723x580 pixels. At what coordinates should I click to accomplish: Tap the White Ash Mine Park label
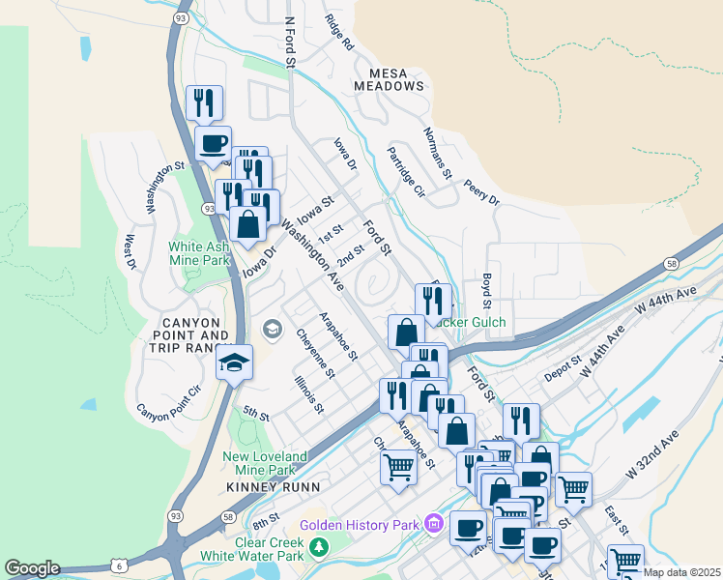point(199,253)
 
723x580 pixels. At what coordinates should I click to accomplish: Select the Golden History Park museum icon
point(434,525)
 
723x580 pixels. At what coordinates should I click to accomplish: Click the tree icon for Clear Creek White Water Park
point(319,548)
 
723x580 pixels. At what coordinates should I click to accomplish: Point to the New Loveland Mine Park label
point(264,463)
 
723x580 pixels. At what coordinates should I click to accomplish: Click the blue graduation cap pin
point(234,363)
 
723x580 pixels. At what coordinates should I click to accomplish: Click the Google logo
point(32,568)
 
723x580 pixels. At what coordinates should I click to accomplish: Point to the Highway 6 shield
point(117,564)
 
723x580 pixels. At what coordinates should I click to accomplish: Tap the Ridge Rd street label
point(340,33)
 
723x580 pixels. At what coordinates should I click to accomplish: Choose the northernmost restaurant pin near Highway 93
point(204,102)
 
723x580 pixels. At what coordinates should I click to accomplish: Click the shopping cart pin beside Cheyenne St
point(398,468)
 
